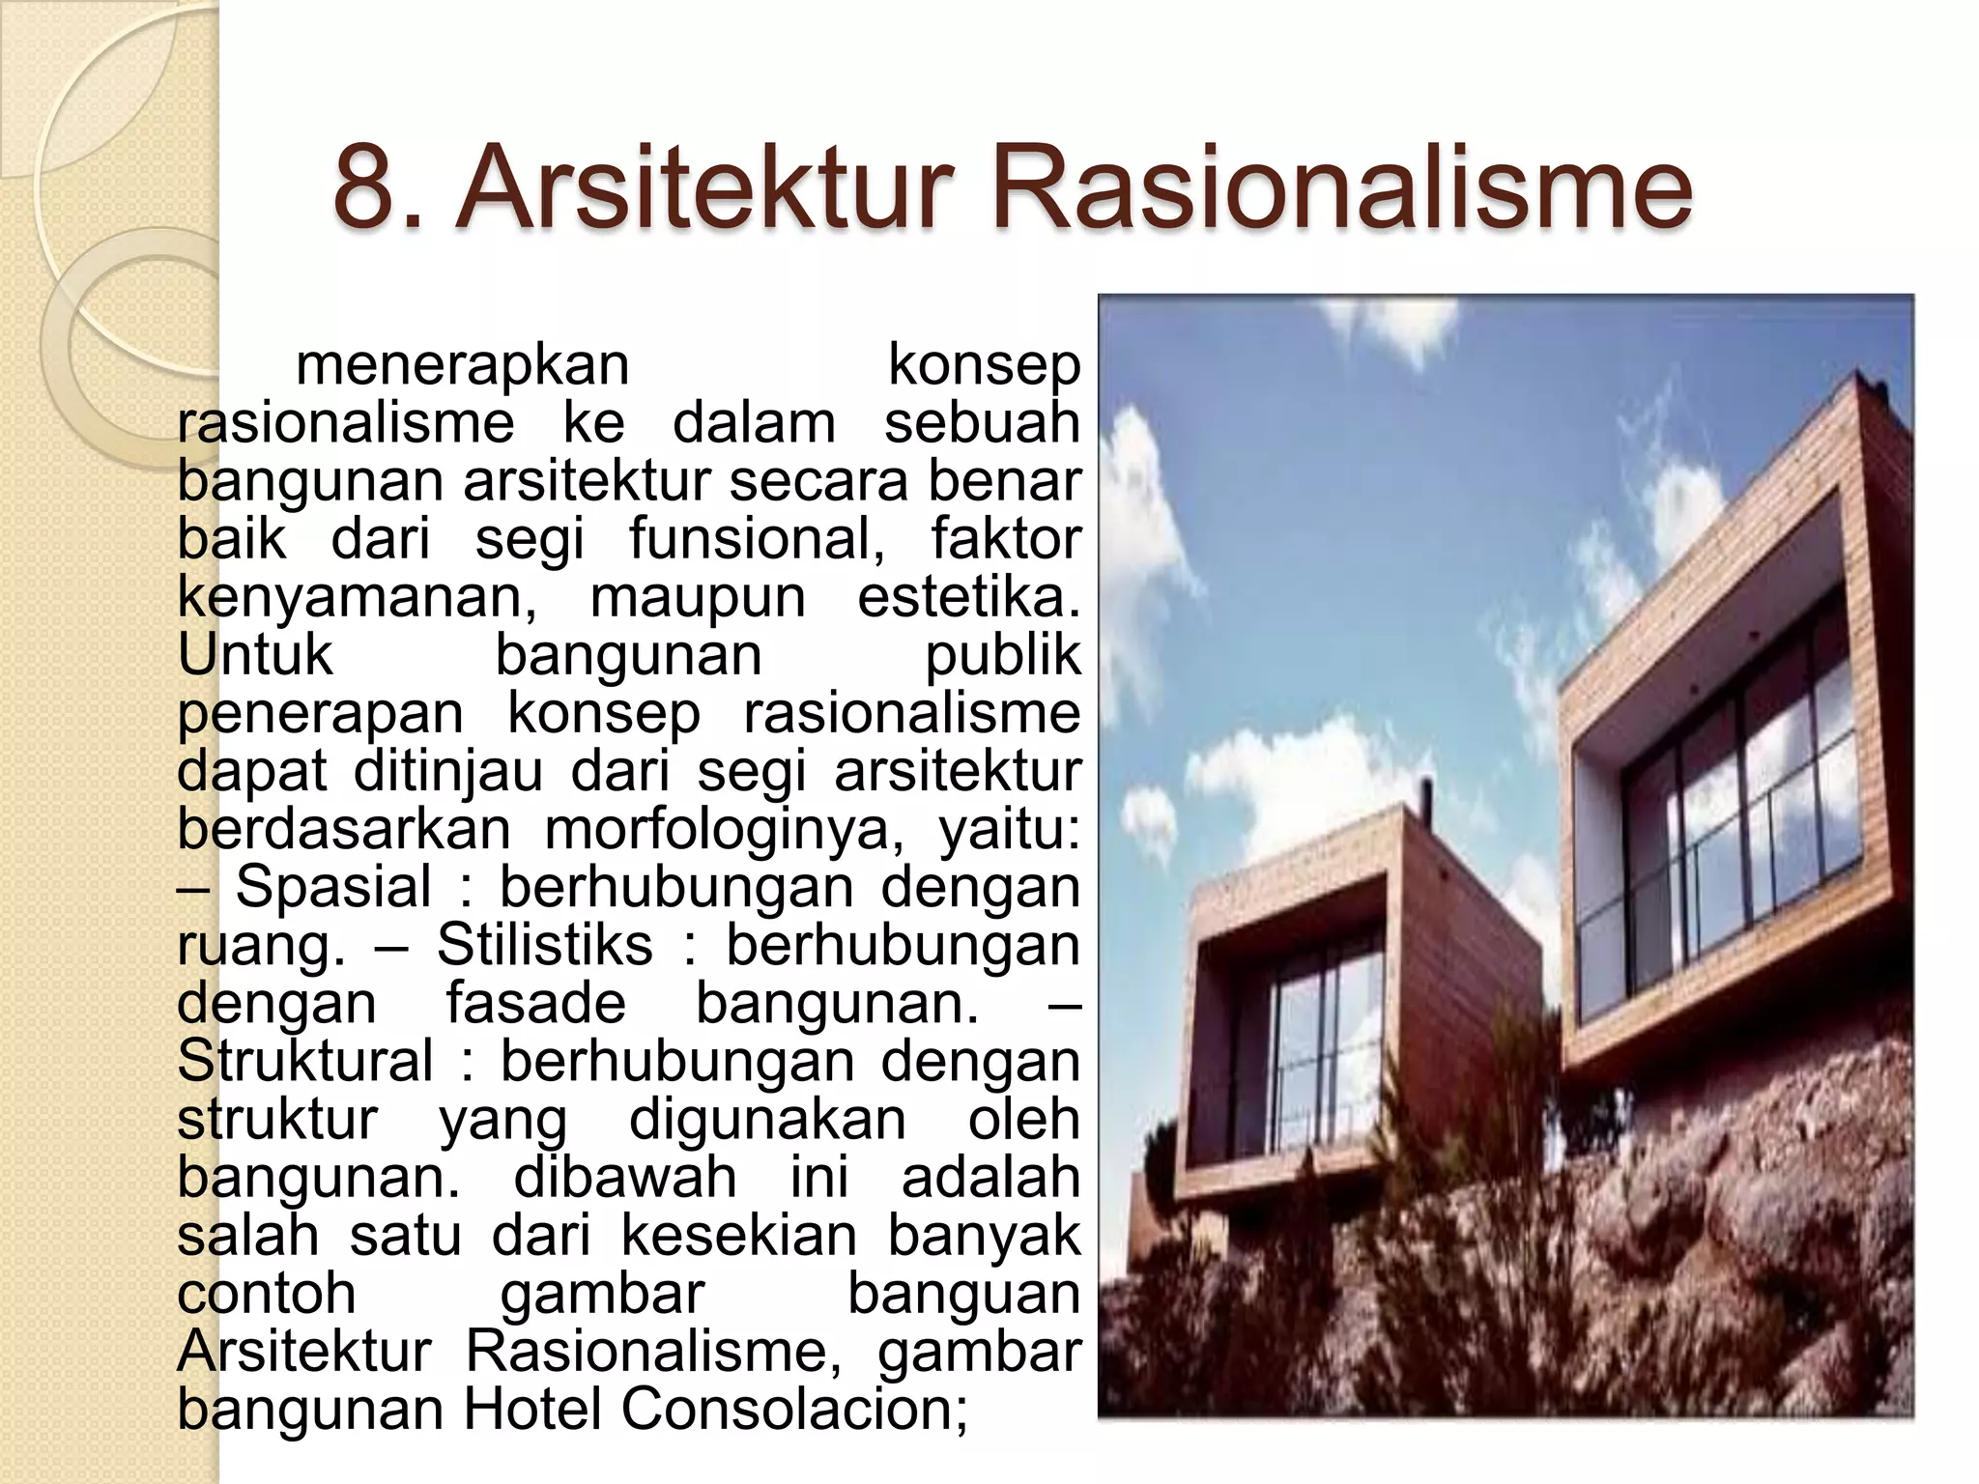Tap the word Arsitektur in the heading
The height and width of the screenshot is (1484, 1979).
698,185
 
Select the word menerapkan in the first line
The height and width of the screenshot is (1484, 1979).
462,365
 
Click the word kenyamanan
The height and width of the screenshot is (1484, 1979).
357,598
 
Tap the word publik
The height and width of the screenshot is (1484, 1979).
1002,655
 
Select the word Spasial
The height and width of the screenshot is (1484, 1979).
333,887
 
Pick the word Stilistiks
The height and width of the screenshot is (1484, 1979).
544,945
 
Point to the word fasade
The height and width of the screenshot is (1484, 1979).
535,1003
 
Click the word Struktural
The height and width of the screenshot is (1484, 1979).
304,1061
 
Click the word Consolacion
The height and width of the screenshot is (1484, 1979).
792,1409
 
